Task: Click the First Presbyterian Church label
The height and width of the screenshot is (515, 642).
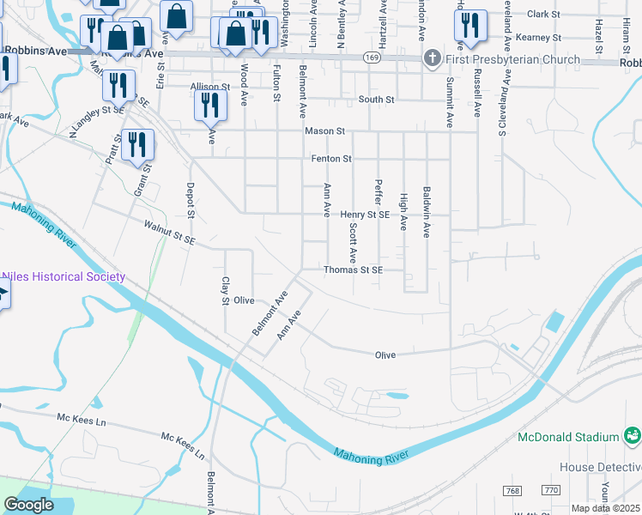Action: pyautogui.click(x=512, y=59)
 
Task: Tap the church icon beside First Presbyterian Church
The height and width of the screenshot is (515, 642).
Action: pyautogui.click(x=431, y=59)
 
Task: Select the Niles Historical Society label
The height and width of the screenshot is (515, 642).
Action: pyautogui.click(x=64, y=276)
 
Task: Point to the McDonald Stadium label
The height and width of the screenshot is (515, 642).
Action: pyautogui.click(x=567, y=437)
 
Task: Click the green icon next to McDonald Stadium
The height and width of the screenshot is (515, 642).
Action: pyautogui.click(x=632, y=437)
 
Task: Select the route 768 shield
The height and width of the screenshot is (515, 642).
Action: pyautogui.click(x=513, y=490)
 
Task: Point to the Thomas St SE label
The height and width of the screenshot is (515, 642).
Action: pyautogui.click(x=352, y=270)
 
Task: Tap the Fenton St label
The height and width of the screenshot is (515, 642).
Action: pyautogui.click(x=330, y=159)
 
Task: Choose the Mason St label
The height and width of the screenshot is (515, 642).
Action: pyautogui.click(x=324, y=131)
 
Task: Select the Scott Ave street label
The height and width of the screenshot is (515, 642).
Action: pyautogui.click(x=353, y=243)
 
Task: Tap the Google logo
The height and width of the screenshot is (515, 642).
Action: pyautogui.click(x=28, y=505)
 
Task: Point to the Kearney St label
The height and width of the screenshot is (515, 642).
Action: pyautogui.click(x=543, y=38)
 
